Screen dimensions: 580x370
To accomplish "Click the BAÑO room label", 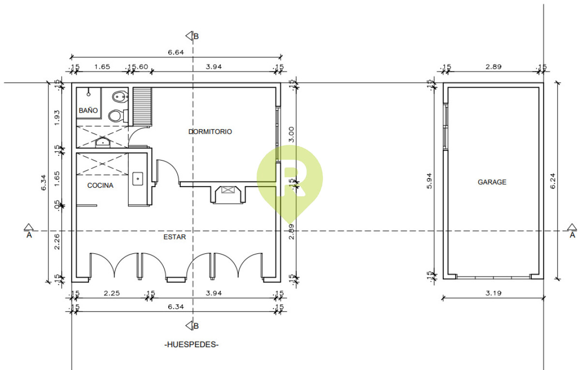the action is [x=88, y=110].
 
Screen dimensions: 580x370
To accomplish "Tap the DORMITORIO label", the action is [x=210, y=132].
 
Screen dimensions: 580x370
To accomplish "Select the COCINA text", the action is [x=100, y=185].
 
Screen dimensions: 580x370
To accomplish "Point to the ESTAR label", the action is [x=174, y=237].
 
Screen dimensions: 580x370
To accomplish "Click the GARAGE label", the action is [x=492, y=182].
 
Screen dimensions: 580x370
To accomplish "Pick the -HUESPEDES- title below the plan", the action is [x=191, y=344].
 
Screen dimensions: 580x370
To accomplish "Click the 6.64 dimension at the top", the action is [x=176, y=52].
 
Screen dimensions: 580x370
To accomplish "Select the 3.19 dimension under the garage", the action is [x=493, y=293].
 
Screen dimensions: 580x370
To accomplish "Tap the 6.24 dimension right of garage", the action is [x=552, y=181].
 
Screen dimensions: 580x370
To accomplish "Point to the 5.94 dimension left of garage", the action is [x=429, y=181].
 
